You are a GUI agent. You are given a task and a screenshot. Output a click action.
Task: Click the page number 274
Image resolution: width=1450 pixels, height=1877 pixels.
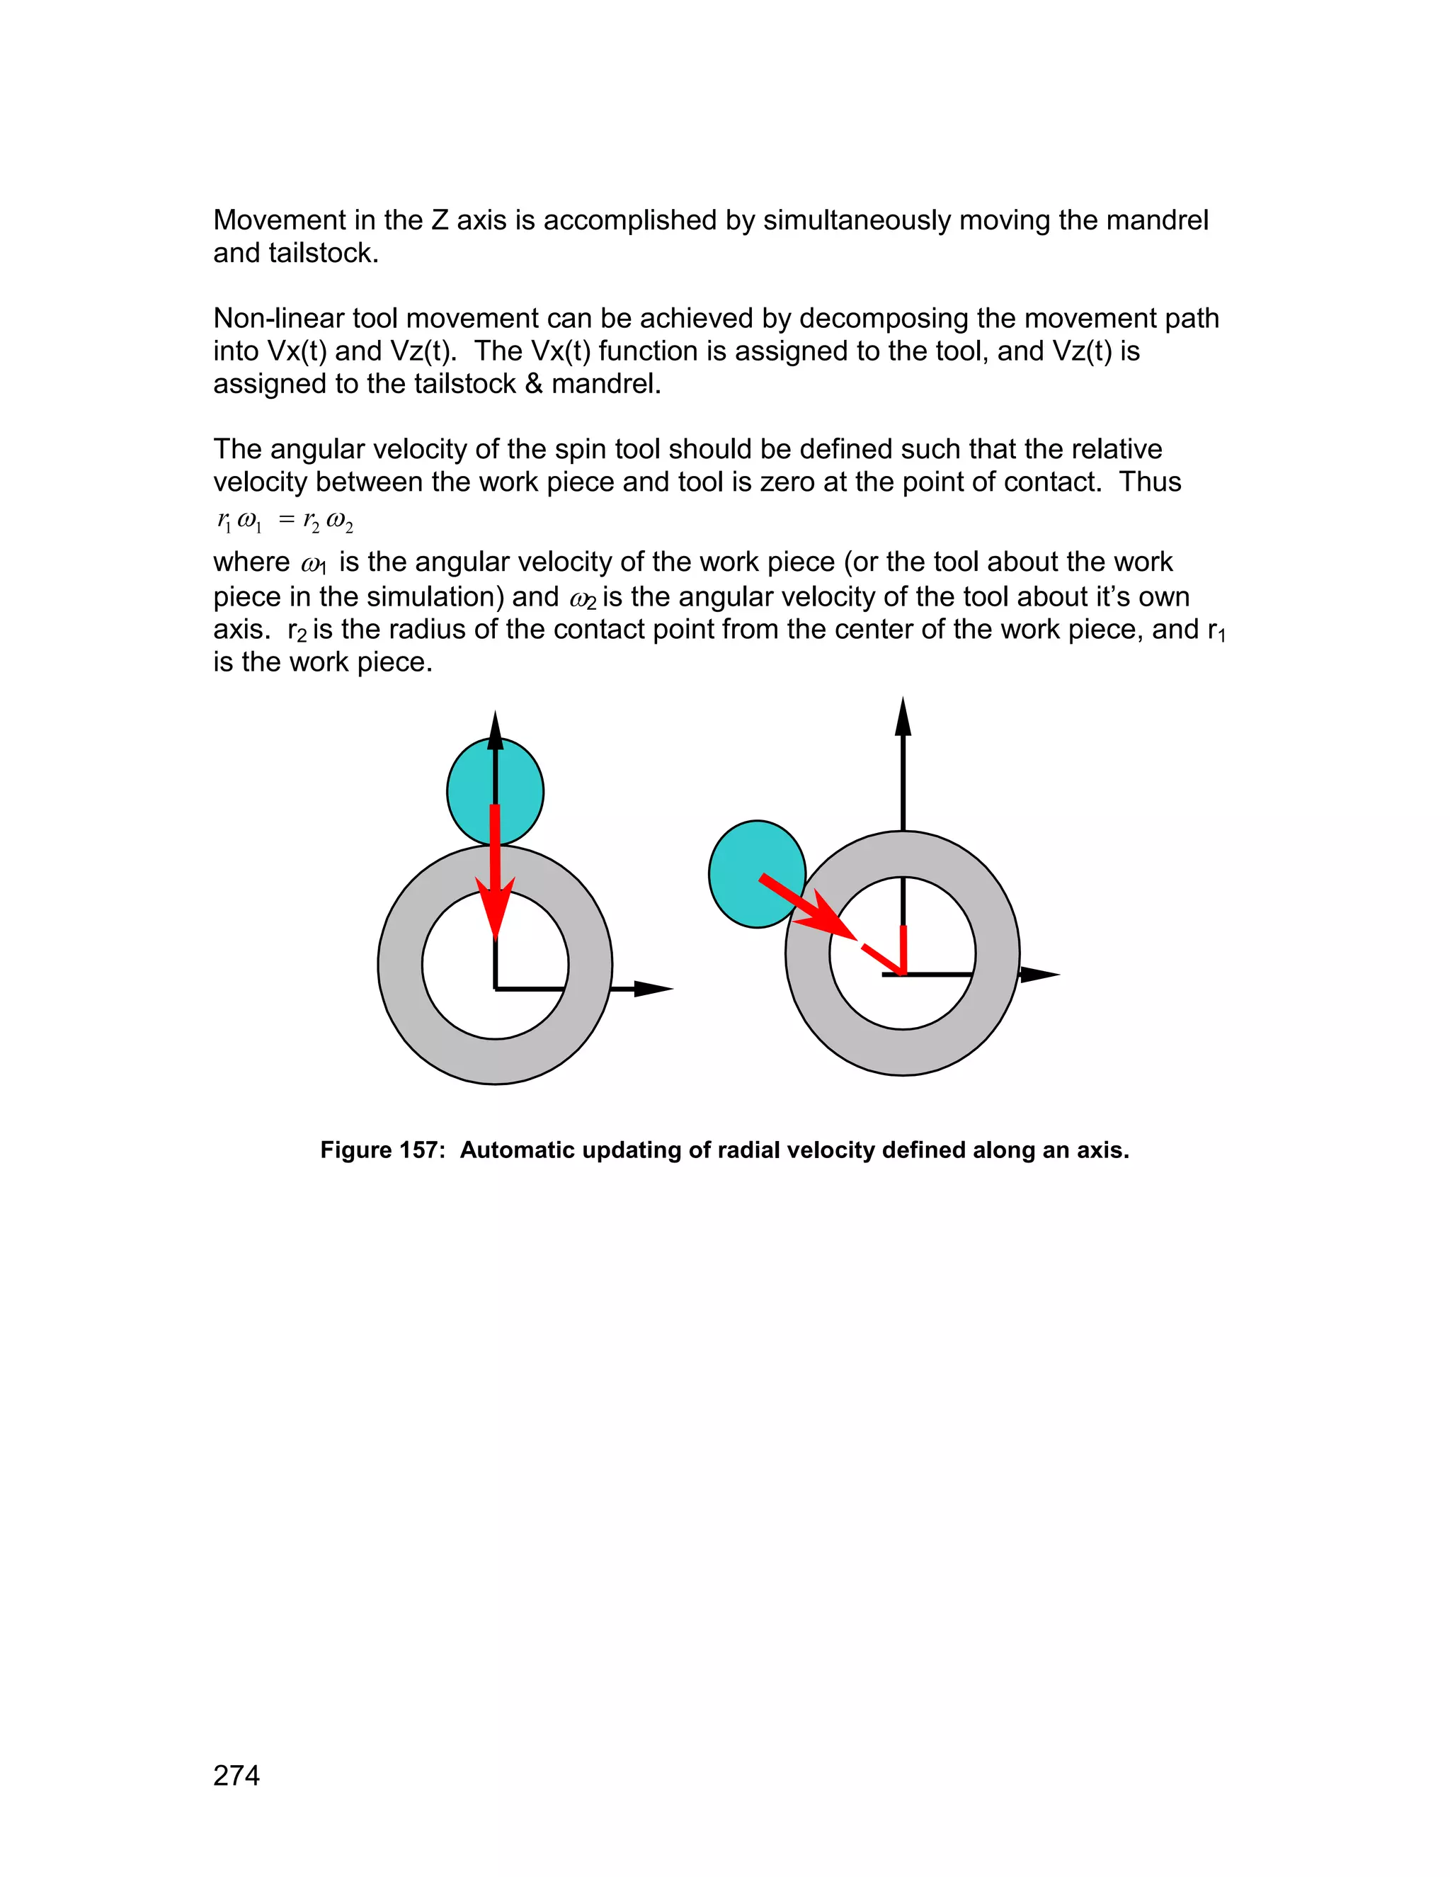tap(236, 1776)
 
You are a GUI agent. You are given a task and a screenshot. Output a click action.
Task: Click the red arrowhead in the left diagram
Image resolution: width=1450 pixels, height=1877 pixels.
tap(496, 907)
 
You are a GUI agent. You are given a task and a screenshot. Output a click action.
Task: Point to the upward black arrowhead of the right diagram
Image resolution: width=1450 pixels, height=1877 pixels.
tap(903, 718)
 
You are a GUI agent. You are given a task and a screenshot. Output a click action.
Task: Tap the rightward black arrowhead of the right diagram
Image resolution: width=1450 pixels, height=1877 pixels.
tap(1039, 975)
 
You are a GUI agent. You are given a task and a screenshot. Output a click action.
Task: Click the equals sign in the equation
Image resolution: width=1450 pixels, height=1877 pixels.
tap(286, 520)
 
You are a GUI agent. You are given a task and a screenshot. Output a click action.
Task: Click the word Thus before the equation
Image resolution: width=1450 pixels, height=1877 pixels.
tap(1151, 482)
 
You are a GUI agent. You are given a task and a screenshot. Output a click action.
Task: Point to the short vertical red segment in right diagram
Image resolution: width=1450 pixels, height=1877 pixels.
tap(903, 949)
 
